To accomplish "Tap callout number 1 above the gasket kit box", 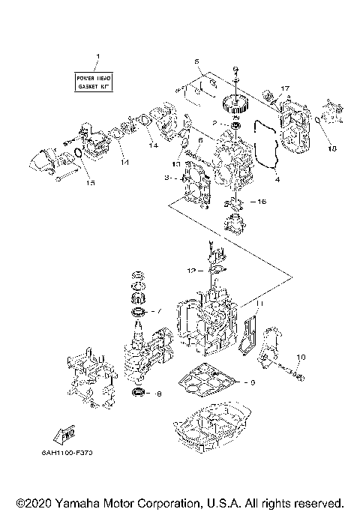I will (96, 58).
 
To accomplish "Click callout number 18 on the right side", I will (333, 148).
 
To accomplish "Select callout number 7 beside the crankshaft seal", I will (157, 311).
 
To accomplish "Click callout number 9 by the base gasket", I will (253, 382).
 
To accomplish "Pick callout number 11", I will (260, 303).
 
